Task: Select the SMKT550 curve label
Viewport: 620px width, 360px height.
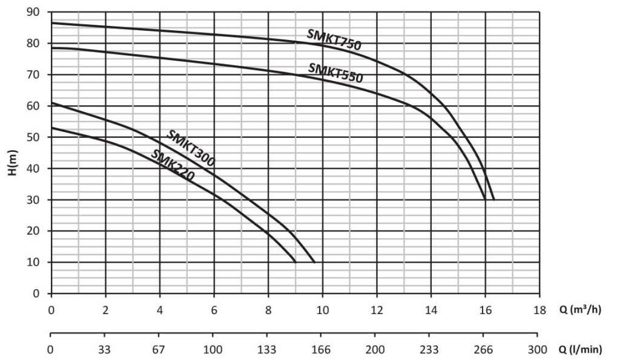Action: click(x=335, y=73)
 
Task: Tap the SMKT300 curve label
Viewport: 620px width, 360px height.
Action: click(x=191, y=148)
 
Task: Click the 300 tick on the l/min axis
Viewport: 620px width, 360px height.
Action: click(x=537, y=349)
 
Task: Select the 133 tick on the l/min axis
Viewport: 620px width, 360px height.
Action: click(x=267, y=349)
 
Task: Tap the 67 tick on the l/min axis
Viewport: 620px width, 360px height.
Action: click(x=159, y=349)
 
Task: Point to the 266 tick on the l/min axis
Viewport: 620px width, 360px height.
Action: click(x=483, y=349)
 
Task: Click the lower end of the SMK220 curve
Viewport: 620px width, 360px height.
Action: click(x=295, y=262)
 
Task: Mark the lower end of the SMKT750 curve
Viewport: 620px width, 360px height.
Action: click(x=494, y=199)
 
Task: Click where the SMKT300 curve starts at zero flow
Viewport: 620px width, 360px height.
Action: click(x=51, y=103)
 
